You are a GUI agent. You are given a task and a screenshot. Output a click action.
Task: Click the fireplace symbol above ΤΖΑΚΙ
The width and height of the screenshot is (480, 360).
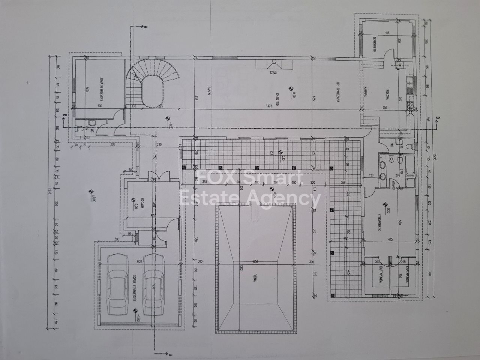tap(274, 63)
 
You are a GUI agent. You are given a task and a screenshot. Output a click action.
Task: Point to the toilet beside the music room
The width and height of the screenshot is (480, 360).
tap(78, 129)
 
